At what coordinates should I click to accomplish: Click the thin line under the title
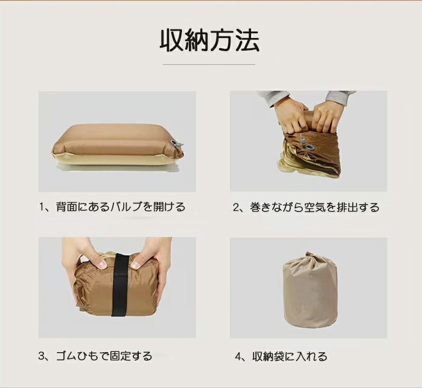tap(209, 65)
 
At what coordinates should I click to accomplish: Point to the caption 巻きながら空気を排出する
tap(312, 207)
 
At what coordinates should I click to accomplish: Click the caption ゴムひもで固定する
tap(101, 356)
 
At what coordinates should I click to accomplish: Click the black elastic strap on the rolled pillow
tap(120, 285)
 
